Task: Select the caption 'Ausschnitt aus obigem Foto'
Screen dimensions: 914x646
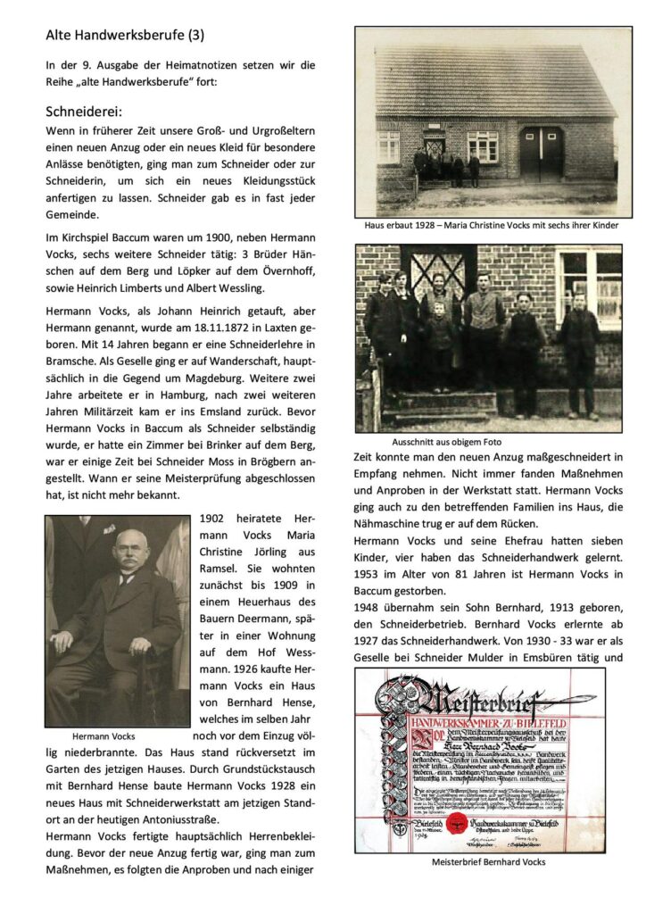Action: [447, 442]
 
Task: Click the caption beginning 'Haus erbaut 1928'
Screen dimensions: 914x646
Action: [491, 226]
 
